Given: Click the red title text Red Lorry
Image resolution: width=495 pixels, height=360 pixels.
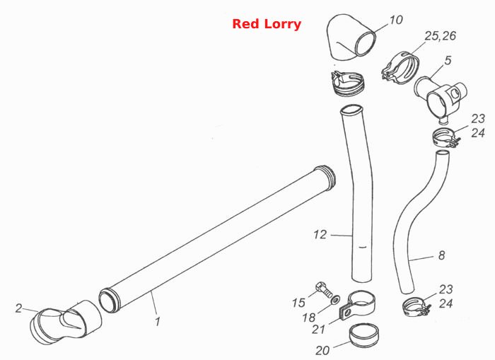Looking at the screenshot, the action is tap(267, 24).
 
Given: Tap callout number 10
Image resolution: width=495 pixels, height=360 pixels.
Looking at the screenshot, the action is tap(396, 20).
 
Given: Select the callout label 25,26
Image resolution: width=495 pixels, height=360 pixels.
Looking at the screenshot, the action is tap(440, 36).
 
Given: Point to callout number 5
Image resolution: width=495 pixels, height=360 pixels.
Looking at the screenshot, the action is tap(448, 60).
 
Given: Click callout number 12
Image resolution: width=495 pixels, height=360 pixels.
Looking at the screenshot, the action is tap(320, 235).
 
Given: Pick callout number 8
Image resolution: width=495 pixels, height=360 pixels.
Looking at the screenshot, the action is tap(442, 255).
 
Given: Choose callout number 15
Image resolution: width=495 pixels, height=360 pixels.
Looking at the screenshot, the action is tap(298, 303).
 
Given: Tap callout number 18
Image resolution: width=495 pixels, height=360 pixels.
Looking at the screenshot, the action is tap(309, 318).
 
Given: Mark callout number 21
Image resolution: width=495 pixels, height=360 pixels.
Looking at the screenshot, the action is tap(318, 330).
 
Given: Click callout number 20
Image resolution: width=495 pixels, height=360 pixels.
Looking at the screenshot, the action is tap(322, 350).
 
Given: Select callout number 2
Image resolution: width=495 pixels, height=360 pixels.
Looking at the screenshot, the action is tap(19, 308).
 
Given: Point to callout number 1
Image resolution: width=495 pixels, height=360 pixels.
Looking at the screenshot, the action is tap(158, 322).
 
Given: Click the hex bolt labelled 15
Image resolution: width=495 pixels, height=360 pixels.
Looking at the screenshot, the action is tap(324, 290).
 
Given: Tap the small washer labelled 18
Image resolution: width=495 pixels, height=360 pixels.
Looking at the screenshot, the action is tap(336, 300).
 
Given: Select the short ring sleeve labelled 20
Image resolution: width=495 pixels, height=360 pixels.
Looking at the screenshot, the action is tap(364, 335).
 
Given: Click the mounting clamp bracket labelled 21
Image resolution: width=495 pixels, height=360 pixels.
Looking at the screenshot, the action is tap(357, 306).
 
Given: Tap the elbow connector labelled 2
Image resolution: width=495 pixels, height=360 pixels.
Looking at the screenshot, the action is tap(66, 322).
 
